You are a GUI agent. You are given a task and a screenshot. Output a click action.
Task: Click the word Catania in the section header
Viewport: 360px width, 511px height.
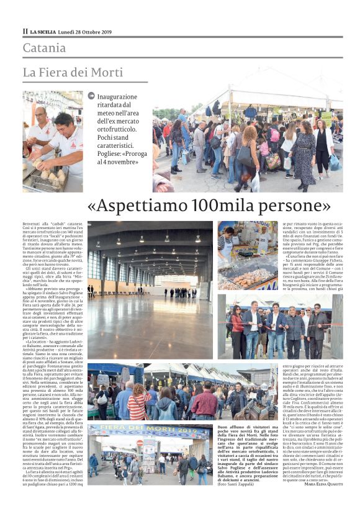44,48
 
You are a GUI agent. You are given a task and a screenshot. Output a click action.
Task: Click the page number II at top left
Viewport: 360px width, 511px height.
25,31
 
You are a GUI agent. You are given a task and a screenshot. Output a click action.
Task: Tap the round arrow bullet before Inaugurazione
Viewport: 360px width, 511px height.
92,96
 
